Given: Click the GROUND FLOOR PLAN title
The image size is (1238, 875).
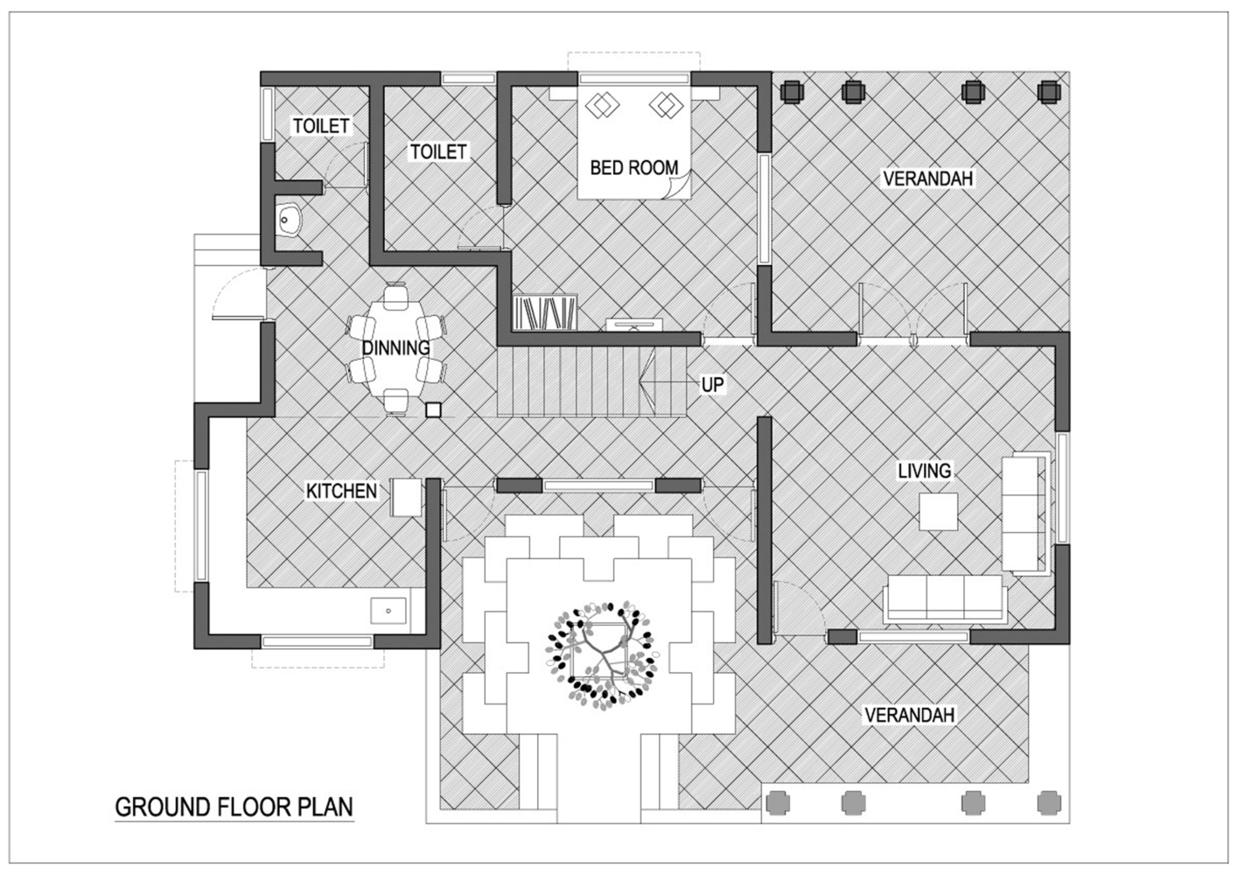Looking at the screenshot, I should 234,806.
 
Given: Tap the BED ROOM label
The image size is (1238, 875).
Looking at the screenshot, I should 633,167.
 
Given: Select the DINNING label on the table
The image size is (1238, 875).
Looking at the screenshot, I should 396,347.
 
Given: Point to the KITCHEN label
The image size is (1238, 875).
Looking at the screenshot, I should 341,491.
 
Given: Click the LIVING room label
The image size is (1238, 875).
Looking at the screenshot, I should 924,471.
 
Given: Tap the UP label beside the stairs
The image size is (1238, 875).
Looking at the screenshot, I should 712,384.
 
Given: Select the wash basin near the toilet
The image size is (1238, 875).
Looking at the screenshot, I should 289,220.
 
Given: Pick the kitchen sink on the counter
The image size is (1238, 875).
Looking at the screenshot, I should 388,610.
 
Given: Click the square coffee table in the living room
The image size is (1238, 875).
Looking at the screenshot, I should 937,511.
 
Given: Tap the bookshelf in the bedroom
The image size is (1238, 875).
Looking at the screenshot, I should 544,312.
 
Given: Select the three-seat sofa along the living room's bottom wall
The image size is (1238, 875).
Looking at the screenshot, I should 945,598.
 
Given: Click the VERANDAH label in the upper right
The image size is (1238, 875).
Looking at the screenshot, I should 927,178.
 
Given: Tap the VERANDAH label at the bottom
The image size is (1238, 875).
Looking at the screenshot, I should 909,715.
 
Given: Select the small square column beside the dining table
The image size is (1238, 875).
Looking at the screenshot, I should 433,409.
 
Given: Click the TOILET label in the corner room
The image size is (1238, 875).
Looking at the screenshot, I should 321,126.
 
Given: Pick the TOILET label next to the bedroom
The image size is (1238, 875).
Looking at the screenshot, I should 438,151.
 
